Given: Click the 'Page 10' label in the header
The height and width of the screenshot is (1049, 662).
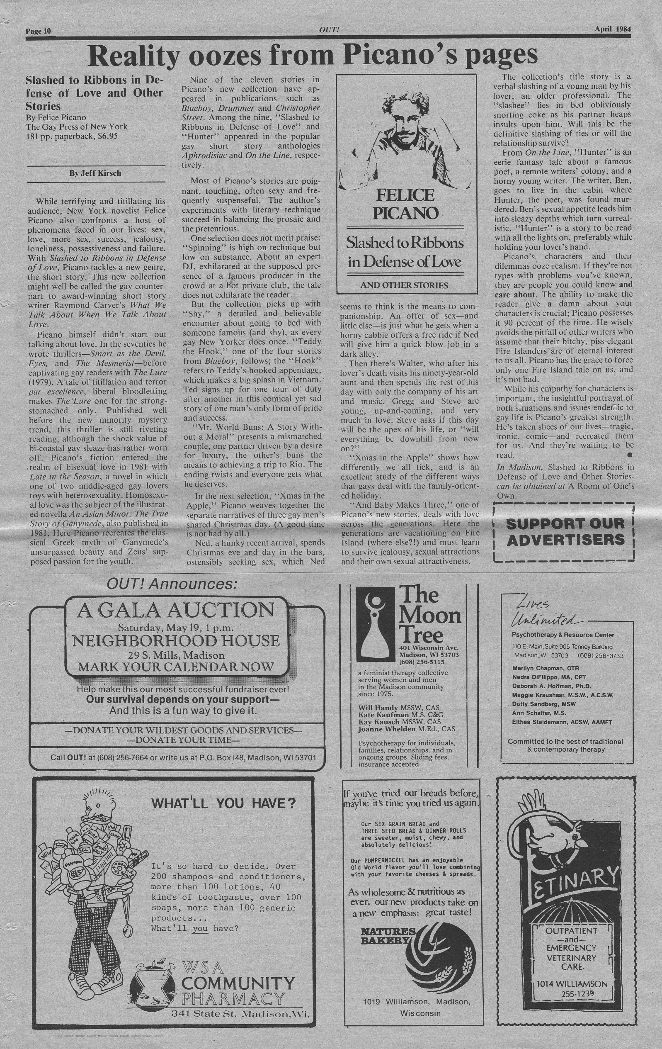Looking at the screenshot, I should [x=38, y=31].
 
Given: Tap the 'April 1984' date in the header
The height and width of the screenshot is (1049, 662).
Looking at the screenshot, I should [x=613, y=29].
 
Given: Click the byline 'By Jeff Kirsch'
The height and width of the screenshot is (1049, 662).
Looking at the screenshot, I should [x=95, y=173].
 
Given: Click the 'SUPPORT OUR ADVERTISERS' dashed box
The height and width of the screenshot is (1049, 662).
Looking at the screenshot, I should [x=565, y=532].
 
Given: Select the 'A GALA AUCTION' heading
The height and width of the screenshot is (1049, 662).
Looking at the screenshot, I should [x=175, y=610].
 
